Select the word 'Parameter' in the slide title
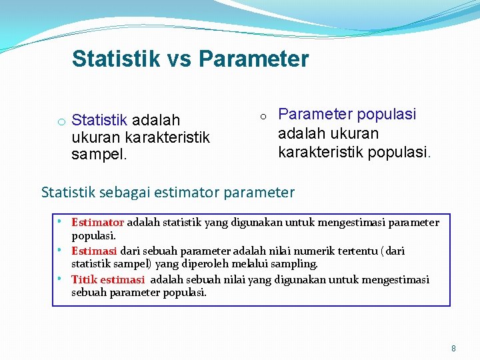point(253,59)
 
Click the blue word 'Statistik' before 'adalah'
point(99,120)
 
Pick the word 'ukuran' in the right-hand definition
point(351,133)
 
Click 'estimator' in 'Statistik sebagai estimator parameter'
point(186,193)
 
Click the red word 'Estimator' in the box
point(97,222)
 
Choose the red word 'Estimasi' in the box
point(94,251)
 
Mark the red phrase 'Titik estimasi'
point(109,279)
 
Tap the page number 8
point(454,348)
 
